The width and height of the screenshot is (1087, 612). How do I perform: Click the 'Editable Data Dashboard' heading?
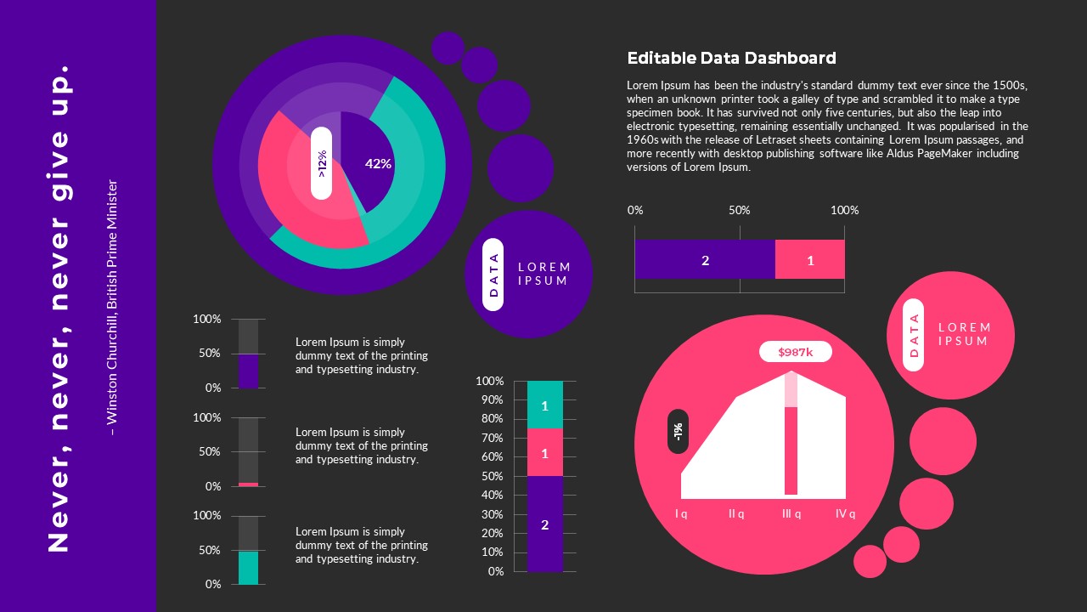point(731,58)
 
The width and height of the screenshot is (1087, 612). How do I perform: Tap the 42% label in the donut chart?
point(378,163)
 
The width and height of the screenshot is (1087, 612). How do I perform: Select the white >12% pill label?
point(321,163)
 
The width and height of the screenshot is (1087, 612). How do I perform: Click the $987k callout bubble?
point(795,352)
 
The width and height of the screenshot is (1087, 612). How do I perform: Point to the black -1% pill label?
point(678,431)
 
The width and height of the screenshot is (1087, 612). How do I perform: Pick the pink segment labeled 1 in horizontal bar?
point(809,260)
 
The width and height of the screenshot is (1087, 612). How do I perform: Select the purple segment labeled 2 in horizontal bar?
point(705,260)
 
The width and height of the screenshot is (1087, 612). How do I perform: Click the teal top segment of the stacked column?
point(544,405)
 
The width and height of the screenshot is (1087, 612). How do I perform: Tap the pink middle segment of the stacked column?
point(544,453)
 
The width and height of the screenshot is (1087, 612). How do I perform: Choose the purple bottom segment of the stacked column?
point(544,524)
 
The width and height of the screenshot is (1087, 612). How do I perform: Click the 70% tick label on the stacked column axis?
point(491,438)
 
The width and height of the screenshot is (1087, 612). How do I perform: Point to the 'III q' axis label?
point(791,513)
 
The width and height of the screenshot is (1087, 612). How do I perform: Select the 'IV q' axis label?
point(845,513)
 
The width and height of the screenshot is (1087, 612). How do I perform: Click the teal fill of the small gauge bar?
point(248,567)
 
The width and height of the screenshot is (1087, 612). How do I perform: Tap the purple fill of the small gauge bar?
point(248,371)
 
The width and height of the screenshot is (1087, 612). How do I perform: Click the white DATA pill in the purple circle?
point(493,275)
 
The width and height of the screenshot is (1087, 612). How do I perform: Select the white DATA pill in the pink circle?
point(914,335)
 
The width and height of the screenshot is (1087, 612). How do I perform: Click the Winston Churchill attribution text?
point(113,308)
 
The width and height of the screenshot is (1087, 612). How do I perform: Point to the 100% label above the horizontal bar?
point(844,210)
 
